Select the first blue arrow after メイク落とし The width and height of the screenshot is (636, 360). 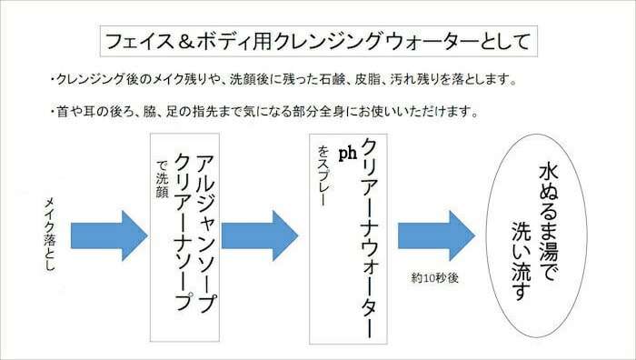pos(108,235)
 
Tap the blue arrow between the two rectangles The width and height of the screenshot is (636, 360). pos(260,235)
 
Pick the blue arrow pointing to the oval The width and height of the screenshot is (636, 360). pos(435,235)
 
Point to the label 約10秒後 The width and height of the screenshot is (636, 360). pos(434,278)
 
